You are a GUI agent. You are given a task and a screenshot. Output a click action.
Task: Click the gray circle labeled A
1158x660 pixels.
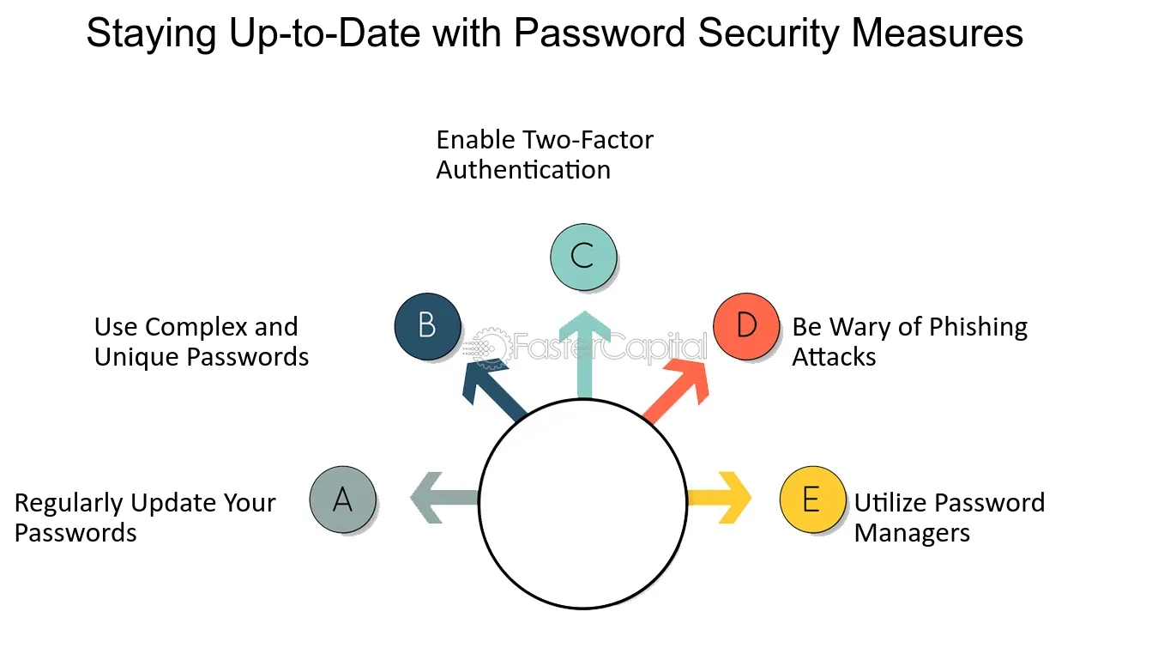pos(342,499)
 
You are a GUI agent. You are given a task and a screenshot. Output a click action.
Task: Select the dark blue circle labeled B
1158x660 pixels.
pos(427,326)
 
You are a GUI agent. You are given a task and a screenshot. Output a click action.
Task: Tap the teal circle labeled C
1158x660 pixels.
pos(582,256)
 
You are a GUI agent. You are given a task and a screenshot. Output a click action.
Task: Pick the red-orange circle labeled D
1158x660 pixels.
pos(746,326)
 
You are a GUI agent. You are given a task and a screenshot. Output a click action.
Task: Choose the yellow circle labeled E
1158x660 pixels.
pos(812,499)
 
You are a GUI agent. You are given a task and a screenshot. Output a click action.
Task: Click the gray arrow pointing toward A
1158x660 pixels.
pos(442,498)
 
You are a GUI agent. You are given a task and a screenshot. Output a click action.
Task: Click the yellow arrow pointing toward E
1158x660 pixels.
pos(721,498)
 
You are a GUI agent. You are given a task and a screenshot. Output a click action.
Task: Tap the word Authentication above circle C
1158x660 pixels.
pos(523,169)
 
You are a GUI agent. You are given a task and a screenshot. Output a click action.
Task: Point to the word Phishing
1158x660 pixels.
pos(972,327)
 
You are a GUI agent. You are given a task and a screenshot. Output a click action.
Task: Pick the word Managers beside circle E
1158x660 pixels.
pos(912,533)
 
